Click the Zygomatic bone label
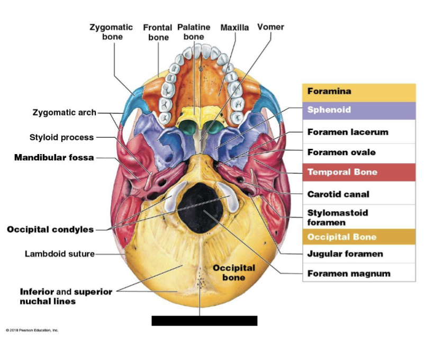(x=112, y=32)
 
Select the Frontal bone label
(x=158, y=32)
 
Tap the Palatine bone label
(x=194, y=32)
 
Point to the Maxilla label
(x=234, y=28)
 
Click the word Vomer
(x=270, y=27)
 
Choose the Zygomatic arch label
(x=65, y=112)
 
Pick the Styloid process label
(x=61, y=138)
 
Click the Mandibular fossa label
(x=54, y=158)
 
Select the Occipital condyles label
(x=50, y=229)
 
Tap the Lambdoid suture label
(x=60, y=254)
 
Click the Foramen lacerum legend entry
(x=348, y=132)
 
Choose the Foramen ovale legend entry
(x=341, y=152)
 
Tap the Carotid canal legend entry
(x=338, y=194)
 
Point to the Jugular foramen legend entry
(x=345, y=254)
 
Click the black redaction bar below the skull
(x=204, y=320)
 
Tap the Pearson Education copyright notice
(x=32, y=330)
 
